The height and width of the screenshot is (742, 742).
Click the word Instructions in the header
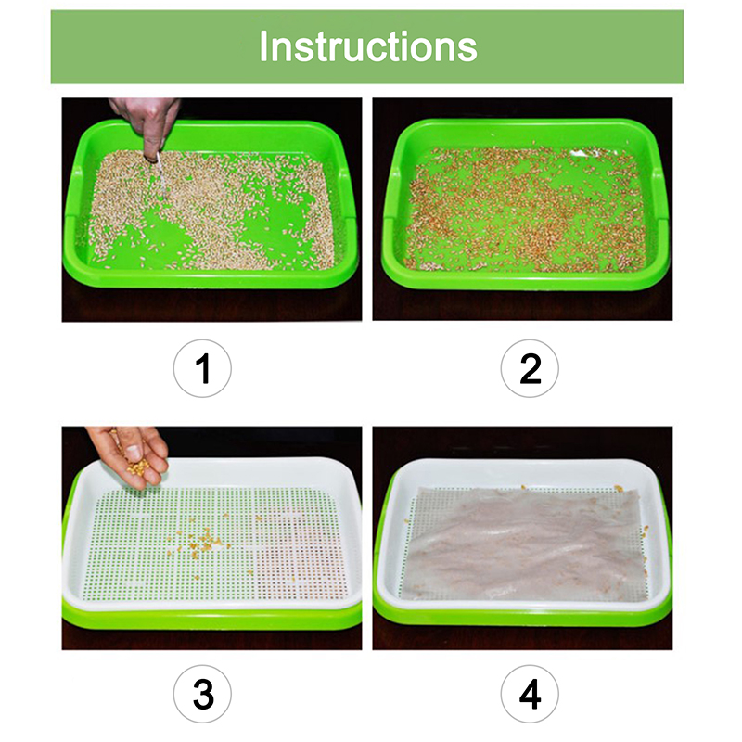tap(367, 46)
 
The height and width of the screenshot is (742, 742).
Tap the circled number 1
tap(202, 368)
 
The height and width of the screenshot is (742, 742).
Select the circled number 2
tap(530, 368)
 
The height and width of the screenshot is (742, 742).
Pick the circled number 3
tap(202, 694)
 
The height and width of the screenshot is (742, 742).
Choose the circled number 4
tap(530, 694)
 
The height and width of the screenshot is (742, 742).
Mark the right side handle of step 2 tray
tap(659, 194)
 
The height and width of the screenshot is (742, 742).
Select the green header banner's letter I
tap(263, 46)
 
